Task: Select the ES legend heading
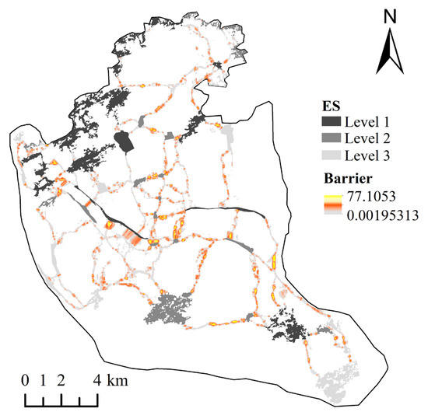pyautogui.click(x=335, y=106)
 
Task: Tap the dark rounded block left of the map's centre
pyautogui.click(x=123, y=143)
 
